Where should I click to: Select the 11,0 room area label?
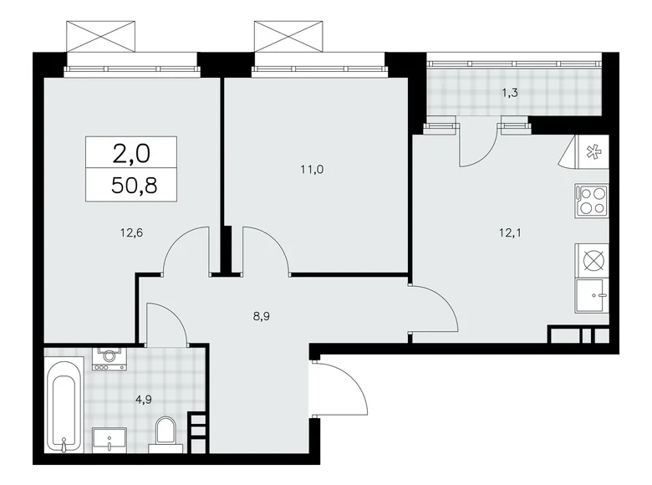pos(313,169)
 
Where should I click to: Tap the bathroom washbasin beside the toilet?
pos(109,437)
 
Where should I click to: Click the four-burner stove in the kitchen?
pos(591,202)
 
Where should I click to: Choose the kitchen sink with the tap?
pos(593,294)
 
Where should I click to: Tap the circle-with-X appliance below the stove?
pos(592,259)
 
